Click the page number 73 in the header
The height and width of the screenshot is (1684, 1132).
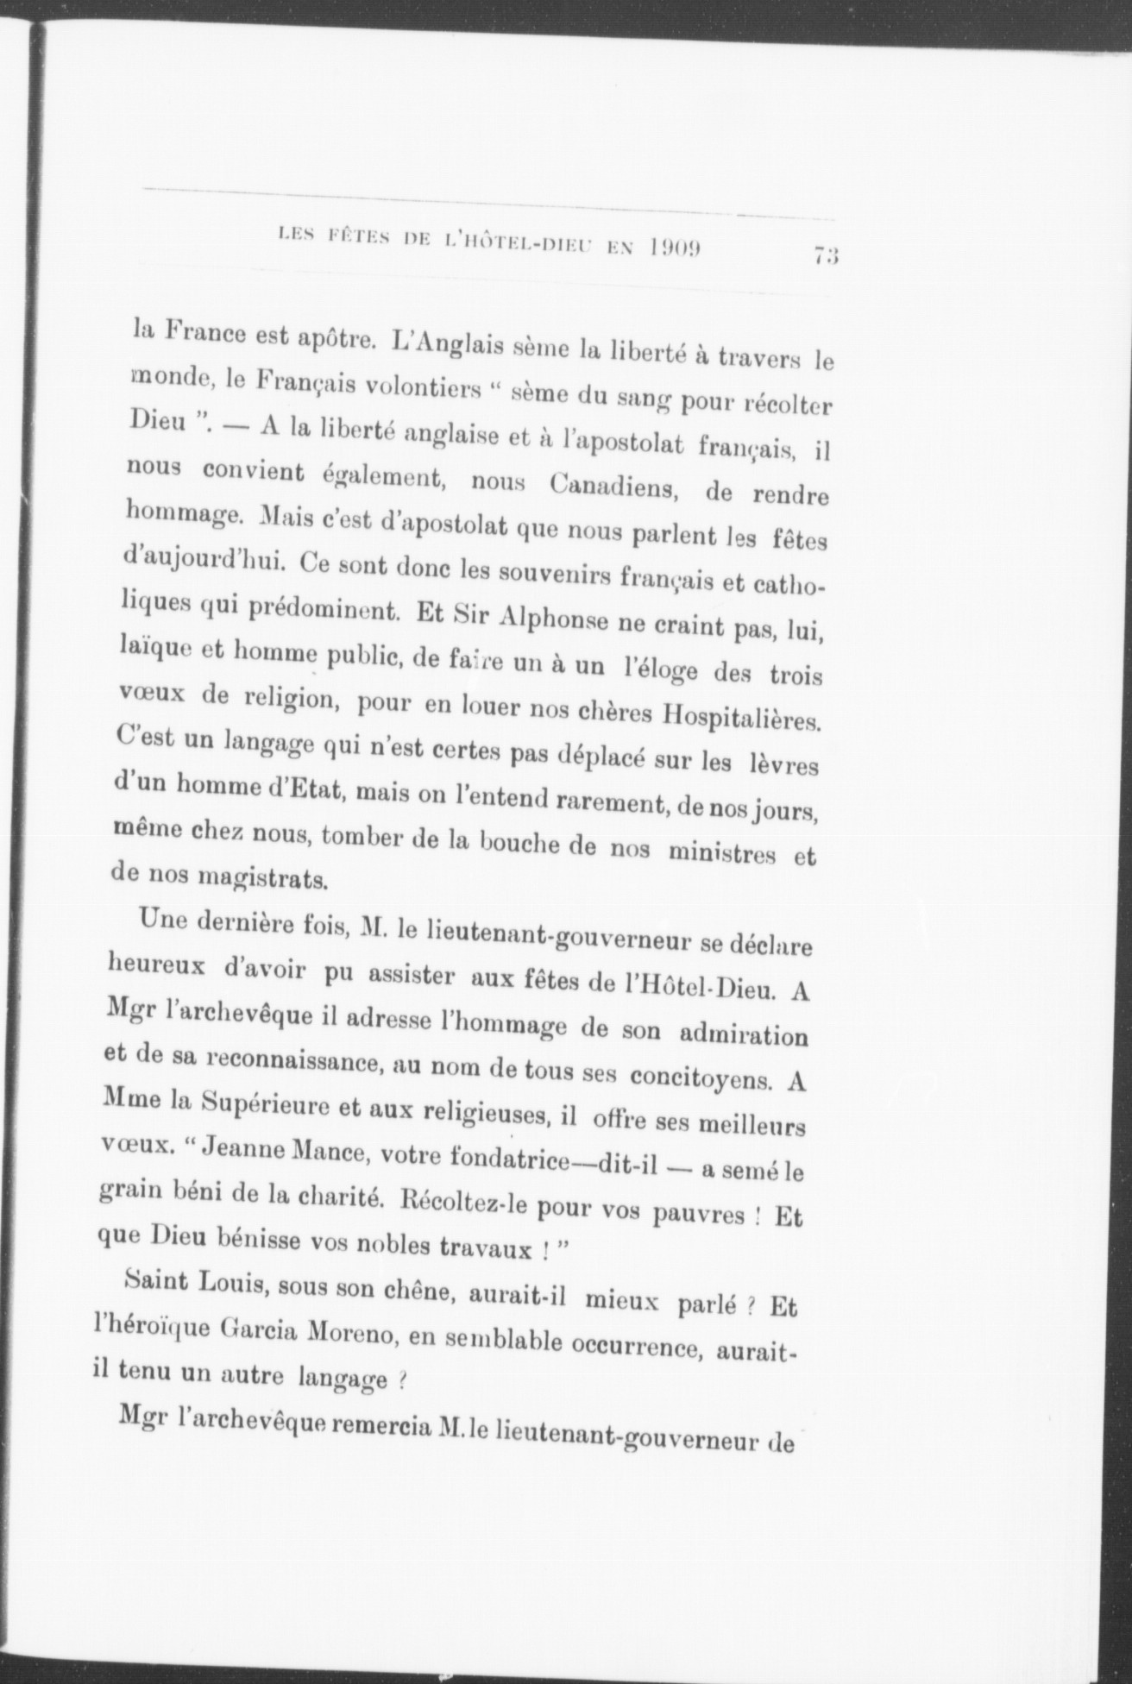coord(826,254)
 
